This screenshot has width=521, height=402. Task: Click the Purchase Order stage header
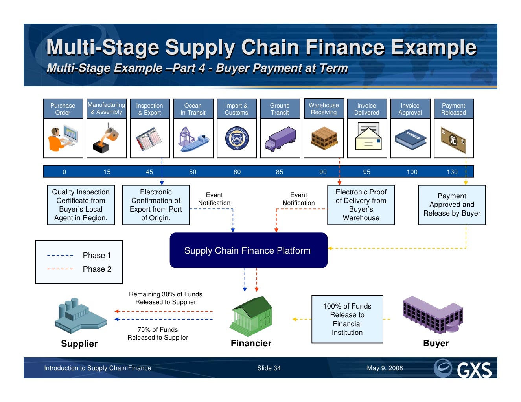coord(63,109)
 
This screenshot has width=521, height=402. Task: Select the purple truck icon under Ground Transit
coord(280,139)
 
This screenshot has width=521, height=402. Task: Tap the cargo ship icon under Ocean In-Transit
coord(193,139)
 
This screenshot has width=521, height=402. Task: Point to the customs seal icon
coord(237,139)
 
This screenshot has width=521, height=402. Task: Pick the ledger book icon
coord(410,139)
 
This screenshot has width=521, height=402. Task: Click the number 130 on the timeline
coord(452,172)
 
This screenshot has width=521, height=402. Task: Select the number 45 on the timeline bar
coord(149,172)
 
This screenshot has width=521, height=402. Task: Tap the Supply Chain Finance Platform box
coord(248,250)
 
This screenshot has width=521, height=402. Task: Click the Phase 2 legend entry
coord(97,269)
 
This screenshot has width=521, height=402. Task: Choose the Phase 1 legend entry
coord(97,255)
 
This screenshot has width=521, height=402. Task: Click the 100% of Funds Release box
coord(347,319)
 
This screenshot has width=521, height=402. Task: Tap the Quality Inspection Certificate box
coord(81,205)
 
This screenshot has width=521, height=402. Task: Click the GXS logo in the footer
coord(463,369)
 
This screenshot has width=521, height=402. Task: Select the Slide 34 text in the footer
coord(269,368)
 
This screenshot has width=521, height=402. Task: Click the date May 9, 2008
coord(385,368)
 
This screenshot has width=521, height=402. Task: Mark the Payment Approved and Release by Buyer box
coord(452,205)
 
